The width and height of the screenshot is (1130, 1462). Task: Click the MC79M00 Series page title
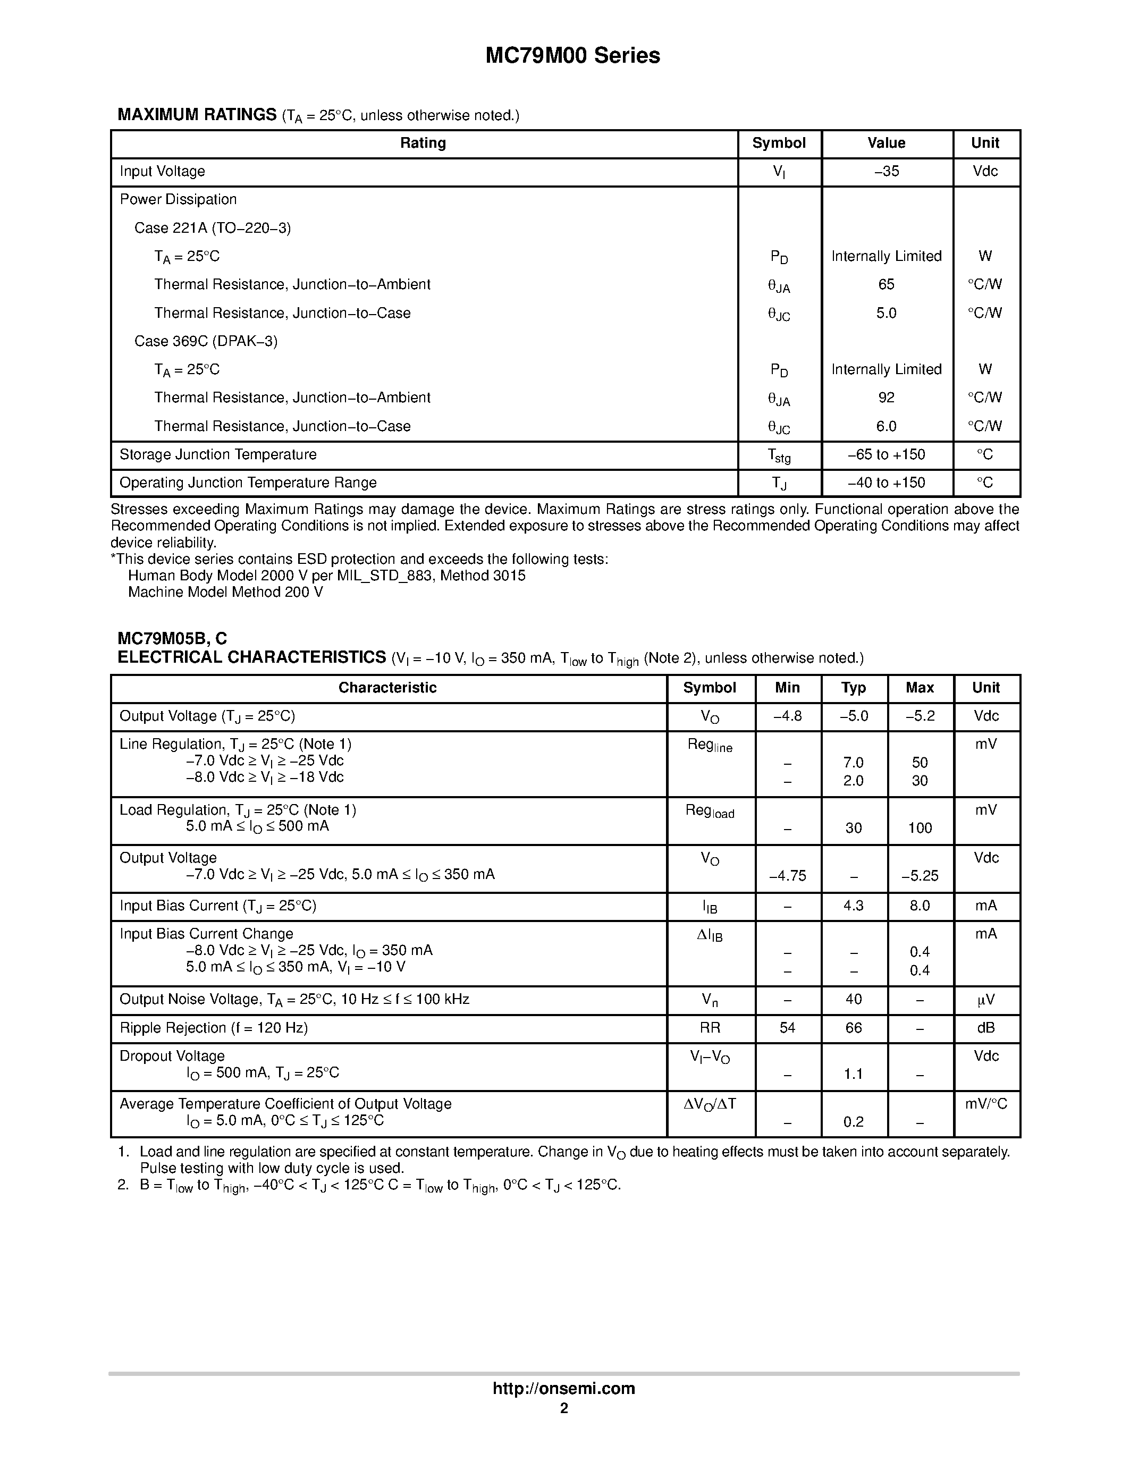(572, 56)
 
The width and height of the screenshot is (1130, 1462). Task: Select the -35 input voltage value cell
(887, 171)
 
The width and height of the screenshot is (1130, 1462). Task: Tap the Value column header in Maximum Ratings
(887, 143)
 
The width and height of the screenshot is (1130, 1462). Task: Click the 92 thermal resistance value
(887, 398)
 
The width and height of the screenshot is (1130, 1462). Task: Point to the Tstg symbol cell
(779, 456)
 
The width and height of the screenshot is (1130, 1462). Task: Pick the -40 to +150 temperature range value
(887, 483)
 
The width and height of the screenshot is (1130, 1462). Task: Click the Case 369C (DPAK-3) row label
(206, 341)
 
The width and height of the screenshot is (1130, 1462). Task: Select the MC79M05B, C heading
(172, 639)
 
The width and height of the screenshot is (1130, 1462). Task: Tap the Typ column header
(854, 688)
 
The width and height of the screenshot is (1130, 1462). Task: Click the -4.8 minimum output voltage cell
(787, 716)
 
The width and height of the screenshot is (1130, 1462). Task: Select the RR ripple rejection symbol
(710, 1028)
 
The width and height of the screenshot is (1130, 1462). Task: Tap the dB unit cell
(985, 1028)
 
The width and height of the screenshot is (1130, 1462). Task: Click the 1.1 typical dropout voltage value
(854, 1075)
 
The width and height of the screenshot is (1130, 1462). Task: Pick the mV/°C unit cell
(985, 1104)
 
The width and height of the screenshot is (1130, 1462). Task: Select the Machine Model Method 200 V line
(225, 593)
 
